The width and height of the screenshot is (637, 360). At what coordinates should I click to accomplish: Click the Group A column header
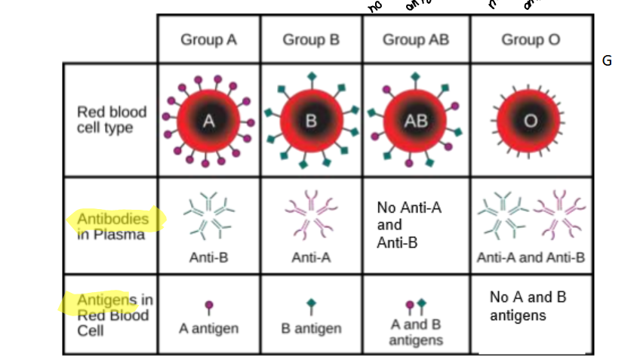208,39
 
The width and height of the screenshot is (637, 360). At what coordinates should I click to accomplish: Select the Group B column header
311,39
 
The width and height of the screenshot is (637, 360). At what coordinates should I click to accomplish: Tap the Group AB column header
416,39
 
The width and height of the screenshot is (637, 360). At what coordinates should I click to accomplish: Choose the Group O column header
531,39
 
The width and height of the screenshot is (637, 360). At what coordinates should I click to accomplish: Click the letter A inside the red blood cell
209,120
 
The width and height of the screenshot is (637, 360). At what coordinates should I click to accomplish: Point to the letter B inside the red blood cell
311,121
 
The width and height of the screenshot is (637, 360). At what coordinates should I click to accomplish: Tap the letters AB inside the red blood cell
416,121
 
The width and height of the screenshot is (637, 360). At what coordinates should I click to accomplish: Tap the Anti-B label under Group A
208,257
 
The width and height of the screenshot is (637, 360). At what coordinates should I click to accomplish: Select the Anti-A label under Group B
311,257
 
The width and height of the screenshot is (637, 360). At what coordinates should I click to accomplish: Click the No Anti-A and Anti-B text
408,225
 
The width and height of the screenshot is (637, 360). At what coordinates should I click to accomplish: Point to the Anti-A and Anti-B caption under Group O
531,257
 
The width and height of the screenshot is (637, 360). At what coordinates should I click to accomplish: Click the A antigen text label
208,328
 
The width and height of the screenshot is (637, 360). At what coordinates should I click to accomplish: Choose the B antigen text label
311,328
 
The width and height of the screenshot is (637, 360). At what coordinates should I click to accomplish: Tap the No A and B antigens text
528,306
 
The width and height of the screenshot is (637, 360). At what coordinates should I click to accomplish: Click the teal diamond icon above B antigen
311,305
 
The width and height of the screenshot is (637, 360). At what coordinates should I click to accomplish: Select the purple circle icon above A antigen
209,306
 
